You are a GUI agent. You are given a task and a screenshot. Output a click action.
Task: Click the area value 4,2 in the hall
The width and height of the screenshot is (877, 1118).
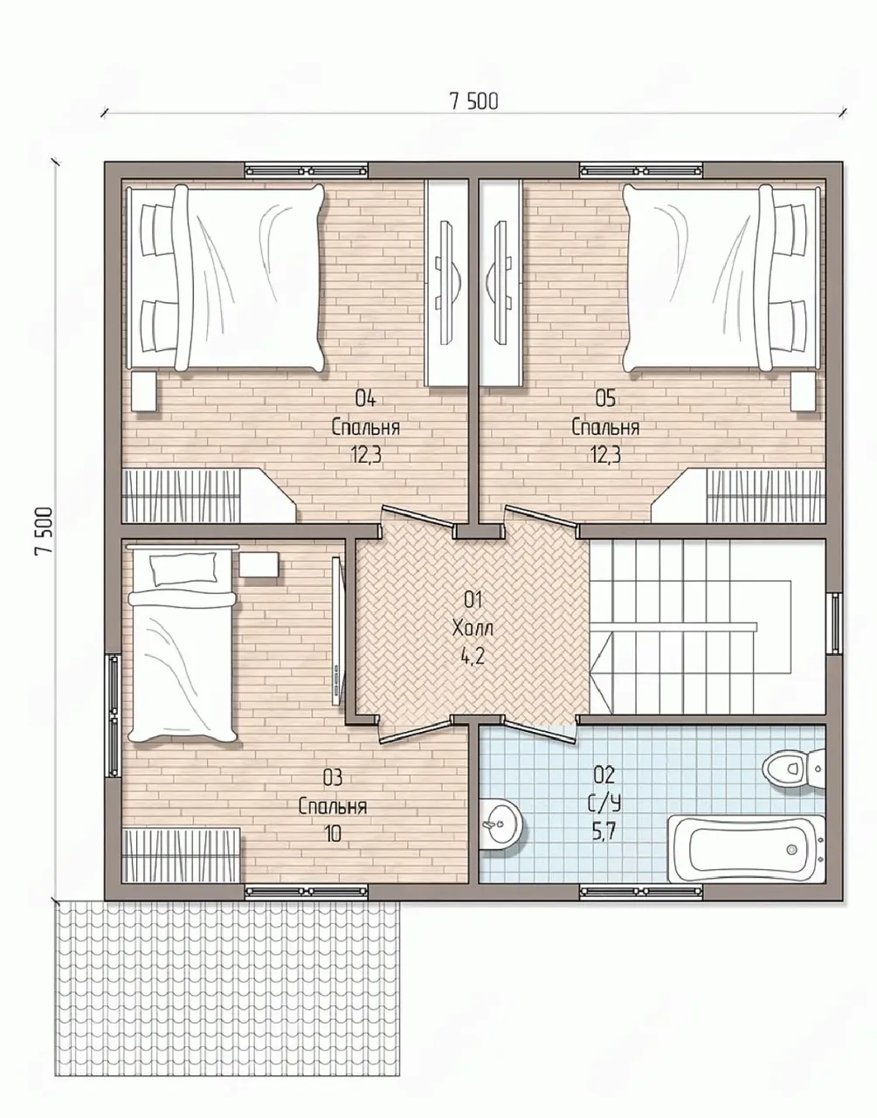[x=473, y=658]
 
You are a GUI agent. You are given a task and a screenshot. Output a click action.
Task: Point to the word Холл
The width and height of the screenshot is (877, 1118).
[x=473, y=629]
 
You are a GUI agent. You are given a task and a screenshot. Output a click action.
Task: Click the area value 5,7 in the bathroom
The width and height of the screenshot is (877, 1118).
[x=604, y=832]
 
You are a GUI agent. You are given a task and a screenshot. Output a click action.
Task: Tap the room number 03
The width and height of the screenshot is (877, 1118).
[x=333, y=777]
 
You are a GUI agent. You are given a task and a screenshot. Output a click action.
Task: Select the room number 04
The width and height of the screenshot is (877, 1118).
[x=366, y=398]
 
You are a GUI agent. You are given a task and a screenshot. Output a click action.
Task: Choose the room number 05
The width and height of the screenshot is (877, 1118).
[x=605, y=398]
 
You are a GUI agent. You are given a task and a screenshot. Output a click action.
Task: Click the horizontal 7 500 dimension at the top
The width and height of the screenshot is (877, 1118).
[x=474, y=101]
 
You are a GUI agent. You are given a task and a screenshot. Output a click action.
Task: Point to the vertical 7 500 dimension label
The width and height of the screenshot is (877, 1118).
[x=44, y=531]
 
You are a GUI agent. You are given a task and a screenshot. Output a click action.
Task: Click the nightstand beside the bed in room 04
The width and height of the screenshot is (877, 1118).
[x=143, y=391]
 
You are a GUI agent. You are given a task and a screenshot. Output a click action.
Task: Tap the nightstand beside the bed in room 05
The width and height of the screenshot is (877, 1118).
[x=803, y=391]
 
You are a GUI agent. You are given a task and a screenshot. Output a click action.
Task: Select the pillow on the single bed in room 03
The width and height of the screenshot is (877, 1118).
[x=183, y=569]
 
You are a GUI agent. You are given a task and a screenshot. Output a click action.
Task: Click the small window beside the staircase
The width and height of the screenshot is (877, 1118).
[x=834, y=623]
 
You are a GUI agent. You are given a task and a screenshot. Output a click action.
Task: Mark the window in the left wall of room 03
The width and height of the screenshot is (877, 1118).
[x=113, y=714]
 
